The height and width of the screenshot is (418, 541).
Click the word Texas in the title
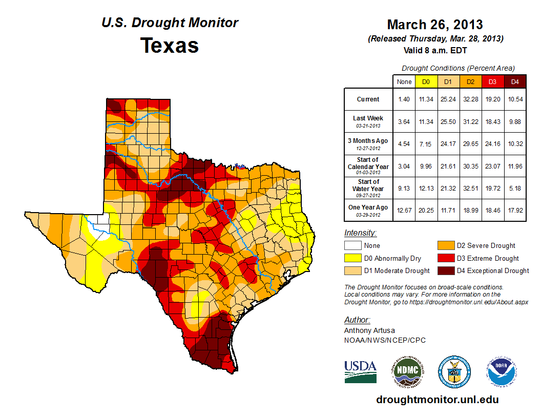coord(170,46)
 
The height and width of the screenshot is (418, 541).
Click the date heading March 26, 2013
coord(435,25)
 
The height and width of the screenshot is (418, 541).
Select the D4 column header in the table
coord(515,81)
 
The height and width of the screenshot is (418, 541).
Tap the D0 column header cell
coord(426,81)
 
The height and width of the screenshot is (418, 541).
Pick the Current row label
coord(368,99)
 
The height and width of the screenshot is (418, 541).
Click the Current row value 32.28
coord(470,99)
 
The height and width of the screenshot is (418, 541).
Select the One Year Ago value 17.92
coord(515,211)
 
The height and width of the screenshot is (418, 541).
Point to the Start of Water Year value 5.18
coord(515,189)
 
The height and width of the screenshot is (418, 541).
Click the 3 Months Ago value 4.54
coord(404,144)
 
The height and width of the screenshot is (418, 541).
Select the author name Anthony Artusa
coord(369,330)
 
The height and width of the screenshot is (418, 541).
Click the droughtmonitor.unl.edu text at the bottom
coord(437,400)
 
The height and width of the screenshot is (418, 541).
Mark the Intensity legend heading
coord(360,233)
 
